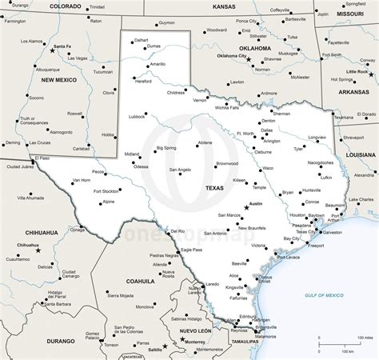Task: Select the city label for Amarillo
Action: [158, 64]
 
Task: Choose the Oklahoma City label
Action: [232, 56]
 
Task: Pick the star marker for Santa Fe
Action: [53, 50]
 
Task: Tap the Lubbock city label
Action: [136, 116]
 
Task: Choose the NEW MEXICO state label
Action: [58, 80]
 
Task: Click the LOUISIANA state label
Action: [361, 154]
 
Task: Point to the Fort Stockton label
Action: [106, 191]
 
